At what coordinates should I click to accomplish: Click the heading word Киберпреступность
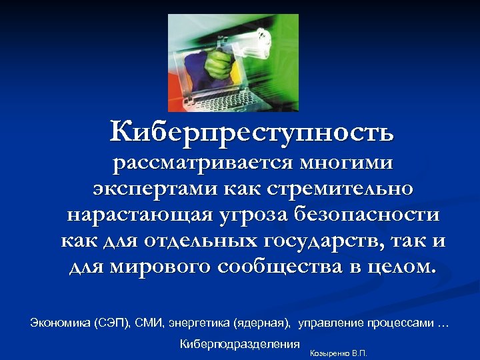pyautogui.click(x=252, y=131)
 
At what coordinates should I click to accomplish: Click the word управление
pyautogui.click(x=331, y=323)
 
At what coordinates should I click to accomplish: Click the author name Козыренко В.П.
pyautogui.click(x=339, y=353)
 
